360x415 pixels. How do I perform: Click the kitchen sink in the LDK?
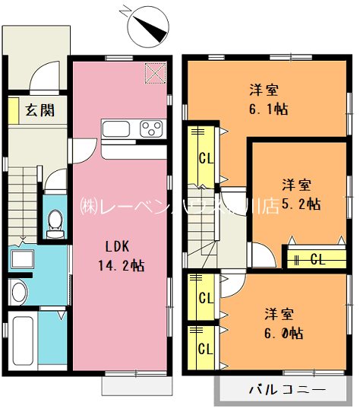[118, 128]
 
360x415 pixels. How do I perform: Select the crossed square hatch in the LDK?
[155, 73]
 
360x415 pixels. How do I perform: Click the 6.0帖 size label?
[284, 332]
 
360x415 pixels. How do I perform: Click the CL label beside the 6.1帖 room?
[205, 160]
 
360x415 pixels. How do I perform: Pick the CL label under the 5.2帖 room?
[317, 259]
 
